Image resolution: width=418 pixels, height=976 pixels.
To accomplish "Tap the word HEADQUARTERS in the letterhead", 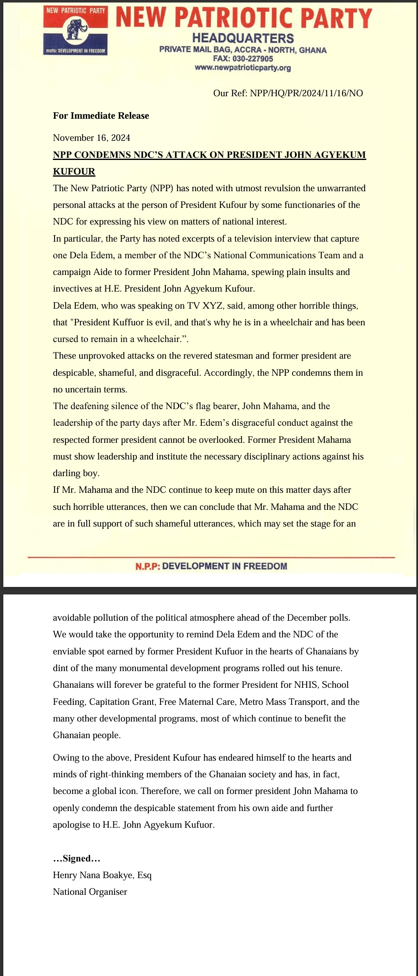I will tap(243, 38).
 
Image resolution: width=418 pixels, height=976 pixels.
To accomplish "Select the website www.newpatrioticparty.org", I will tap(243, 67).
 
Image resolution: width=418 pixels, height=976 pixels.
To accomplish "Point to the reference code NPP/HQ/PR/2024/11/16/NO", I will tap(306, 93).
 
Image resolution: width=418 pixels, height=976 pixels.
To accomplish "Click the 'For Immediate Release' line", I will tap(101, 116).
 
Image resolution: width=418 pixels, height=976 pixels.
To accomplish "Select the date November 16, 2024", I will tap(91, 138).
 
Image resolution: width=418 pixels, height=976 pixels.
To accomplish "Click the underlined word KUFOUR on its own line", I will tap(74, 171).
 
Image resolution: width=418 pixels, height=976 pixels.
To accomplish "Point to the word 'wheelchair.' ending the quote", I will tap(165, 339).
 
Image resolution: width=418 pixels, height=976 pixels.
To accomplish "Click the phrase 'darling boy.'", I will tap(76, 473).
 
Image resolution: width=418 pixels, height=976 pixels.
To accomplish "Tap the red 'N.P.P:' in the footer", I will tap(148, 566).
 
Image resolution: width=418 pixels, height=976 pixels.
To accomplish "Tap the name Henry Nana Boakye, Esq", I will tap(102, 875).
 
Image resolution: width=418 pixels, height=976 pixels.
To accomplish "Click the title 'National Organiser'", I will tap(90, 892).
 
